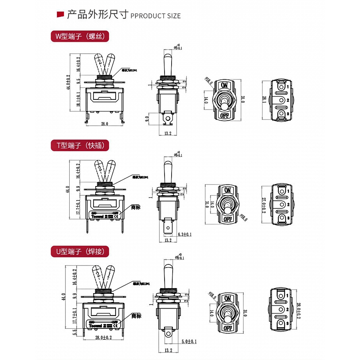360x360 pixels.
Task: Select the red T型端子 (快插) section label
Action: pyautogui.click(x=80, y=145)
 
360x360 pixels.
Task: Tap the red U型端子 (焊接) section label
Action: pyautogui.click(x=80, y=251)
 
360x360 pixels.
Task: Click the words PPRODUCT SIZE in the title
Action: pyautogui.click(x=155, y=16)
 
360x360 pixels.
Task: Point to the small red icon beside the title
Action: pyautogui.click(x=60, y=14)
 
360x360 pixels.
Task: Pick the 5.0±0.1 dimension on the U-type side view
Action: pyautogui.click(x=189, y=341)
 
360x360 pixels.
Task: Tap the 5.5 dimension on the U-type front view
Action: pyautogui.click(x=75, y=332)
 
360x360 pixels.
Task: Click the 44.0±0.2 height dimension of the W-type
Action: pyautogui.click(x=69, y=81)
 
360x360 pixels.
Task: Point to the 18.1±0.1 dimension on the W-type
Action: pyautogui.click(x=78, y=99)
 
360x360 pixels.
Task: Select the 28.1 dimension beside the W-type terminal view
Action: pyautogui.click(x=264, y=100)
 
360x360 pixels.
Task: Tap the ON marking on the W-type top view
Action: pyautogui.click(x=224, y=85)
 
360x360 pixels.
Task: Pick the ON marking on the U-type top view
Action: pyautogui.click(x=227, y=298)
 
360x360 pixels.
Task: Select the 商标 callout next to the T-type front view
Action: pyautogui.click(x=136, y=207)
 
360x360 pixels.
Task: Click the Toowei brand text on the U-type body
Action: pyautogui.click(x=96, y=326)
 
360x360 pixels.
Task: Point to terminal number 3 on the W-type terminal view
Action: pyautogui.click(x=288, y=114)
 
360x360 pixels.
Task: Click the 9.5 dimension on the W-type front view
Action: pyautogui.click(x=78, y=81)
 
